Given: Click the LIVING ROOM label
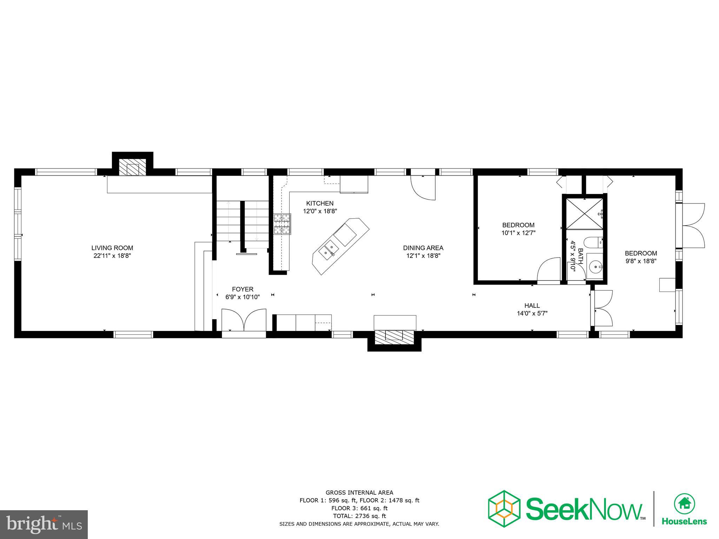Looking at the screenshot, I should [x=112, y=248].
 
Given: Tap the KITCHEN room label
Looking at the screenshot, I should [x=319, y=204].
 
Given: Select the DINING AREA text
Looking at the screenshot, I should [x=423, y=248].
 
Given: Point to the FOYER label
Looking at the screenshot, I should [x=242, y=290].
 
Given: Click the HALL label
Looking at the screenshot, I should [x=532, y=306].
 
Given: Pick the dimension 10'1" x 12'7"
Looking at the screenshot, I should [x=518, y=233].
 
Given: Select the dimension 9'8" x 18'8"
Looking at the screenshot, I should [x=640, y=261].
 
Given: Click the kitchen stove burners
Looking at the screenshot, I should [x=282, y=224].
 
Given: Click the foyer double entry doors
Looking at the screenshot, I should [x=244, y=320].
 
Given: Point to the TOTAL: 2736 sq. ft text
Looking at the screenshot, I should [x=359, y=516].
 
